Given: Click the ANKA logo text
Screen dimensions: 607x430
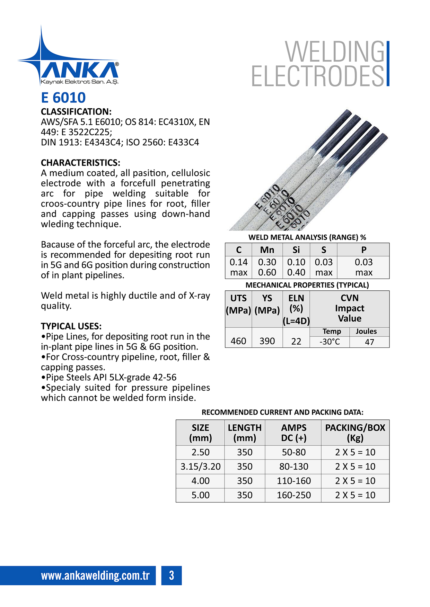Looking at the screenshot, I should [80, 70].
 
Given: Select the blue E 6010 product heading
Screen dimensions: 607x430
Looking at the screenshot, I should [63, 98].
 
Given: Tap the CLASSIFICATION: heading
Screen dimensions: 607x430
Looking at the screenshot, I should [76, 112].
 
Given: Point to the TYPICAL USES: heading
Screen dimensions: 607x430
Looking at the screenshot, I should [71, 326].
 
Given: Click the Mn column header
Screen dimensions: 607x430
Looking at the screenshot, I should [267, 250].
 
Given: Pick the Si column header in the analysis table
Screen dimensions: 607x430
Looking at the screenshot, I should [296, 250].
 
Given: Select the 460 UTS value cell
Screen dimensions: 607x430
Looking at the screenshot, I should [238, 341].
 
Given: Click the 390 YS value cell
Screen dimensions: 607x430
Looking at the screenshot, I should [267, 341].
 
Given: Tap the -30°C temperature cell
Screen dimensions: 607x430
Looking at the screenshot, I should [330, 342].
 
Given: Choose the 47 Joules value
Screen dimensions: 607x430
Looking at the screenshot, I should [369, 342].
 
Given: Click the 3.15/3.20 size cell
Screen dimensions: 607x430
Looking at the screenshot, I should [200, 466].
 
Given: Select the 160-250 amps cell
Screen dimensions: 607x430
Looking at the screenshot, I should [293, 495].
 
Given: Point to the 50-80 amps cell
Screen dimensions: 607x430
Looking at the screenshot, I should [293, 452].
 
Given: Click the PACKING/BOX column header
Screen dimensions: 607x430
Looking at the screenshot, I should [355, 433].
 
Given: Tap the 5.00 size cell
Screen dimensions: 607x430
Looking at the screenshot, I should [200, 495].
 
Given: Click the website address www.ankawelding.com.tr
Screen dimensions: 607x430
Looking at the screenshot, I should [95, 576].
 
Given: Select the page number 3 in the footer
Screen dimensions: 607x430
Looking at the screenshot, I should [172, 576].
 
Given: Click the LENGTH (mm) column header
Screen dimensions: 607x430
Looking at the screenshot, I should [245, 433].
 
